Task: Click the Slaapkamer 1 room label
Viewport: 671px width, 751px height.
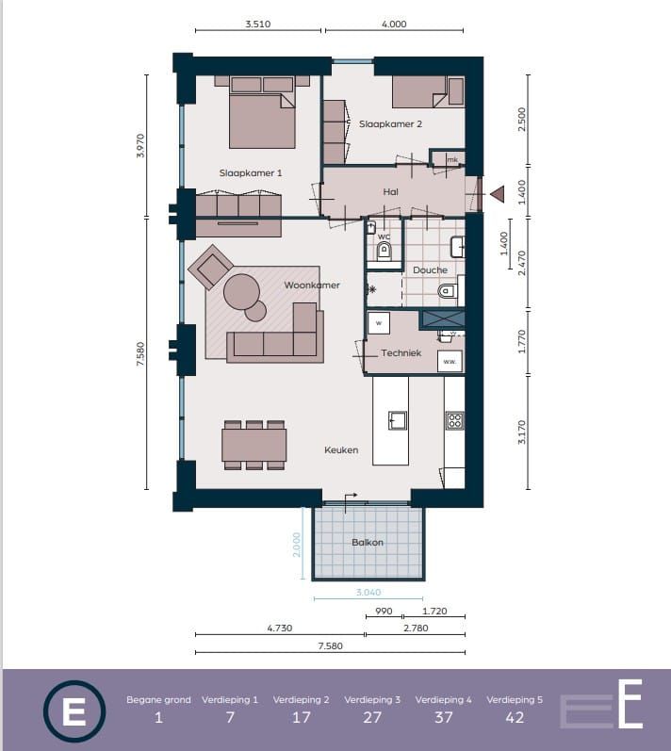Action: pos(251,172)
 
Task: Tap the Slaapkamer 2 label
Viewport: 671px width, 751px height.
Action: pos(390,124)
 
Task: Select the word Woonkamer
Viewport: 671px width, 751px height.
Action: pos(312,285)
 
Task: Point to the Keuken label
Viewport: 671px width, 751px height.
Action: pos(341,449)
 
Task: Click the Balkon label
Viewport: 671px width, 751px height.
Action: pos(368,542)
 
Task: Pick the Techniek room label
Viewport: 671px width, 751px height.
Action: pos(401,353)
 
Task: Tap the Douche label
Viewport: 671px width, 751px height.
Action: pos(430,270)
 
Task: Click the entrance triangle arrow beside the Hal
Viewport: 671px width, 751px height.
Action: pos(498,193)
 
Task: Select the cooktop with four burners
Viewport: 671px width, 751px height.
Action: pos(454,421)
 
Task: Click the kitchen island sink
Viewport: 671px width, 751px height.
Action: pos(397,420)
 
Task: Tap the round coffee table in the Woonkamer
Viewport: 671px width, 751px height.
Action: pos(242,292)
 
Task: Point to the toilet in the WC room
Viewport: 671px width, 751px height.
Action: pos(385,251)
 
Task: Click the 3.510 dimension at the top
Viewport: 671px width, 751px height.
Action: pos(258,24)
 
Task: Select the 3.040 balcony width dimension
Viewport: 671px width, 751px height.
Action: pos(368,593)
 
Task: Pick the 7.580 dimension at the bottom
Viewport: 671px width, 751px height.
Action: pos(331,646)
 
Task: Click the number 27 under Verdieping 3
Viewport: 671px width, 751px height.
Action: pos(372,717)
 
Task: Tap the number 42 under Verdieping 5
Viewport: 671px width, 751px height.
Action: pos(515,717)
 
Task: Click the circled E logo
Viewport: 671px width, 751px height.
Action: pos(74,711)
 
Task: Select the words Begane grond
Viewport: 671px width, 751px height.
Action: pos(158,700)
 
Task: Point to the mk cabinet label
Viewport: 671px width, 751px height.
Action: pos(452,160)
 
